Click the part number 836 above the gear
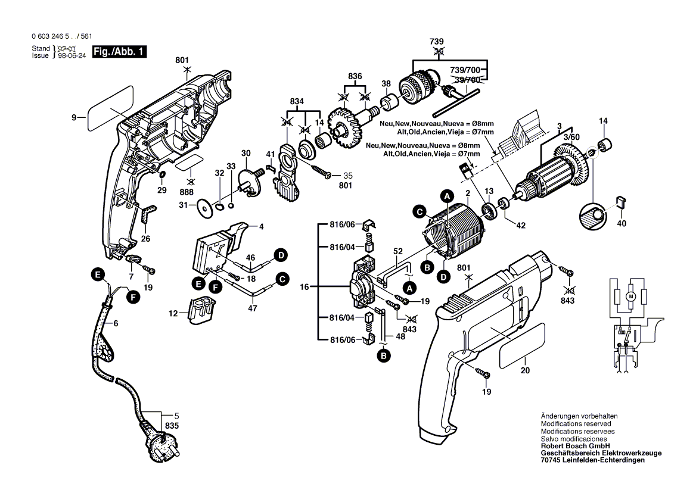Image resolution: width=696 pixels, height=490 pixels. coord(355,76)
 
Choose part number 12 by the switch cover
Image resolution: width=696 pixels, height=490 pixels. coord(173,313)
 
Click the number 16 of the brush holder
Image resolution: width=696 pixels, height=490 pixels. coord(304,287)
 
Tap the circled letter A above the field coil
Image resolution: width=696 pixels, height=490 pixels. coord(446,195)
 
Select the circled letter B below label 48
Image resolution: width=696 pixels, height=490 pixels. coord(382,356)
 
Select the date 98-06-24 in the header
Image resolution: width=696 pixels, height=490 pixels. coord(72,55)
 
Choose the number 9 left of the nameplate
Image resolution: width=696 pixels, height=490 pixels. coord(74,118)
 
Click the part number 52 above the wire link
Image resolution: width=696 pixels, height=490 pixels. coord(397,251)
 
